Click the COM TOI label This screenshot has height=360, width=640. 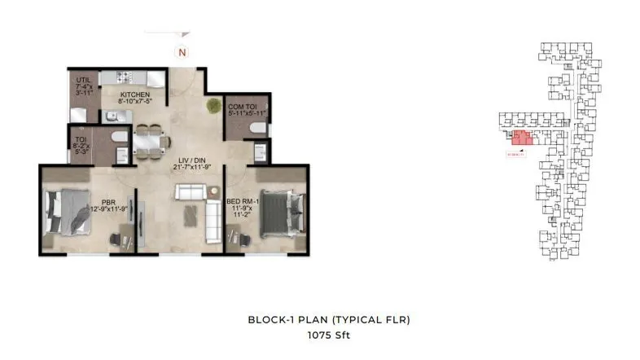(x=243, y=108)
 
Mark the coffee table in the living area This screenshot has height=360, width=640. (x=190, y=213)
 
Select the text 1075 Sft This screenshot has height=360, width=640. (x=328, y=335)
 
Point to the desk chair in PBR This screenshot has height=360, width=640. (x=114, y=238)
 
